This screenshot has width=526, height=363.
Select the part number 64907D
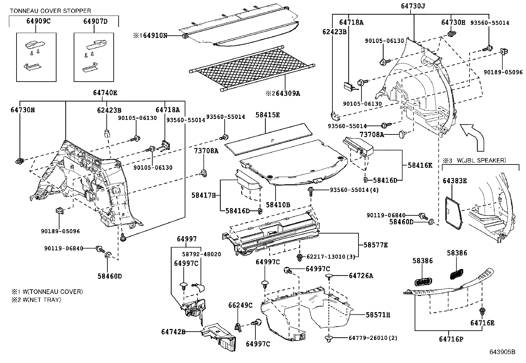click(x=95, y=21)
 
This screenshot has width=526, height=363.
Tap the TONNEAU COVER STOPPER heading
click(x=51, y=11)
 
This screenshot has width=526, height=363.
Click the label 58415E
click(x=267, y=115)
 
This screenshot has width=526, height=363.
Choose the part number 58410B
click(x=278, y=205)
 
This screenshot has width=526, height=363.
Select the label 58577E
click(x=376, y=245)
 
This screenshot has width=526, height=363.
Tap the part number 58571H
click(x=378, y=315)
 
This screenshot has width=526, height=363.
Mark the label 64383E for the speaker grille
click(x=455, y=181)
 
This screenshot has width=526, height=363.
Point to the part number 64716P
click(x=451, y=339)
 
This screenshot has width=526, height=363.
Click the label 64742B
click(x=173, y=332)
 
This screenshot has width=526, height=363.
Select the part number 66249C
click(x=240, y=306)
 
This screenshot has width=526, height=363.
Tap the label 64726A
click(x=361, y=276)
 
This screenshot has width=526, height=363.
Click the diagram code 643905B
click(x=502, y=352)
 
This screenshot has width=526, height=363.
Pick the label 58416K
click(x=420, y=165)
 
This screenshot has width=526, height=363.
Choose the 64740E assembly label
click(x=105, y=93)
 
